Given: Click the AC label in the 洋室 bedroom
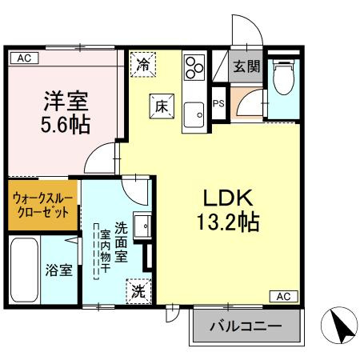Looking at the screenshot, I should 23,58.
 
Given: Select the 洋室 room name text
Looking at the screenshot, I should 66,102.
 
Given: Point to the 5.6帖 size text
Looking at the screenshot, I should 66,125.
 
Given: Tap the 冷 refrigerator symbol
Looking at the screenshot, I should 143,65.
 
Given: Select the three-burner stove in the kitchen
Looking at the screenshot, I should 194,66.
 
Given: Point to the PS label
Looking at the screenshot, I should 218,102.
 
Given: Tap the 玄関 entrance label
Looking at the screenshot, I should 246,67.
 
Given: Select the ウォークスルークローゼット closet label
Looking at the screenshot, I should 44,205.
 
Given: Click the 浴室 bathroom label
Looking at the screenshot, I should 58,270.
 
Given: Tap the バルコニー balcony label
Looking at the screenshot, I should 246,326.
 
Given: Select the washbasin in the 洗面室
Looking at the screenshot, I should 142,226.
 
